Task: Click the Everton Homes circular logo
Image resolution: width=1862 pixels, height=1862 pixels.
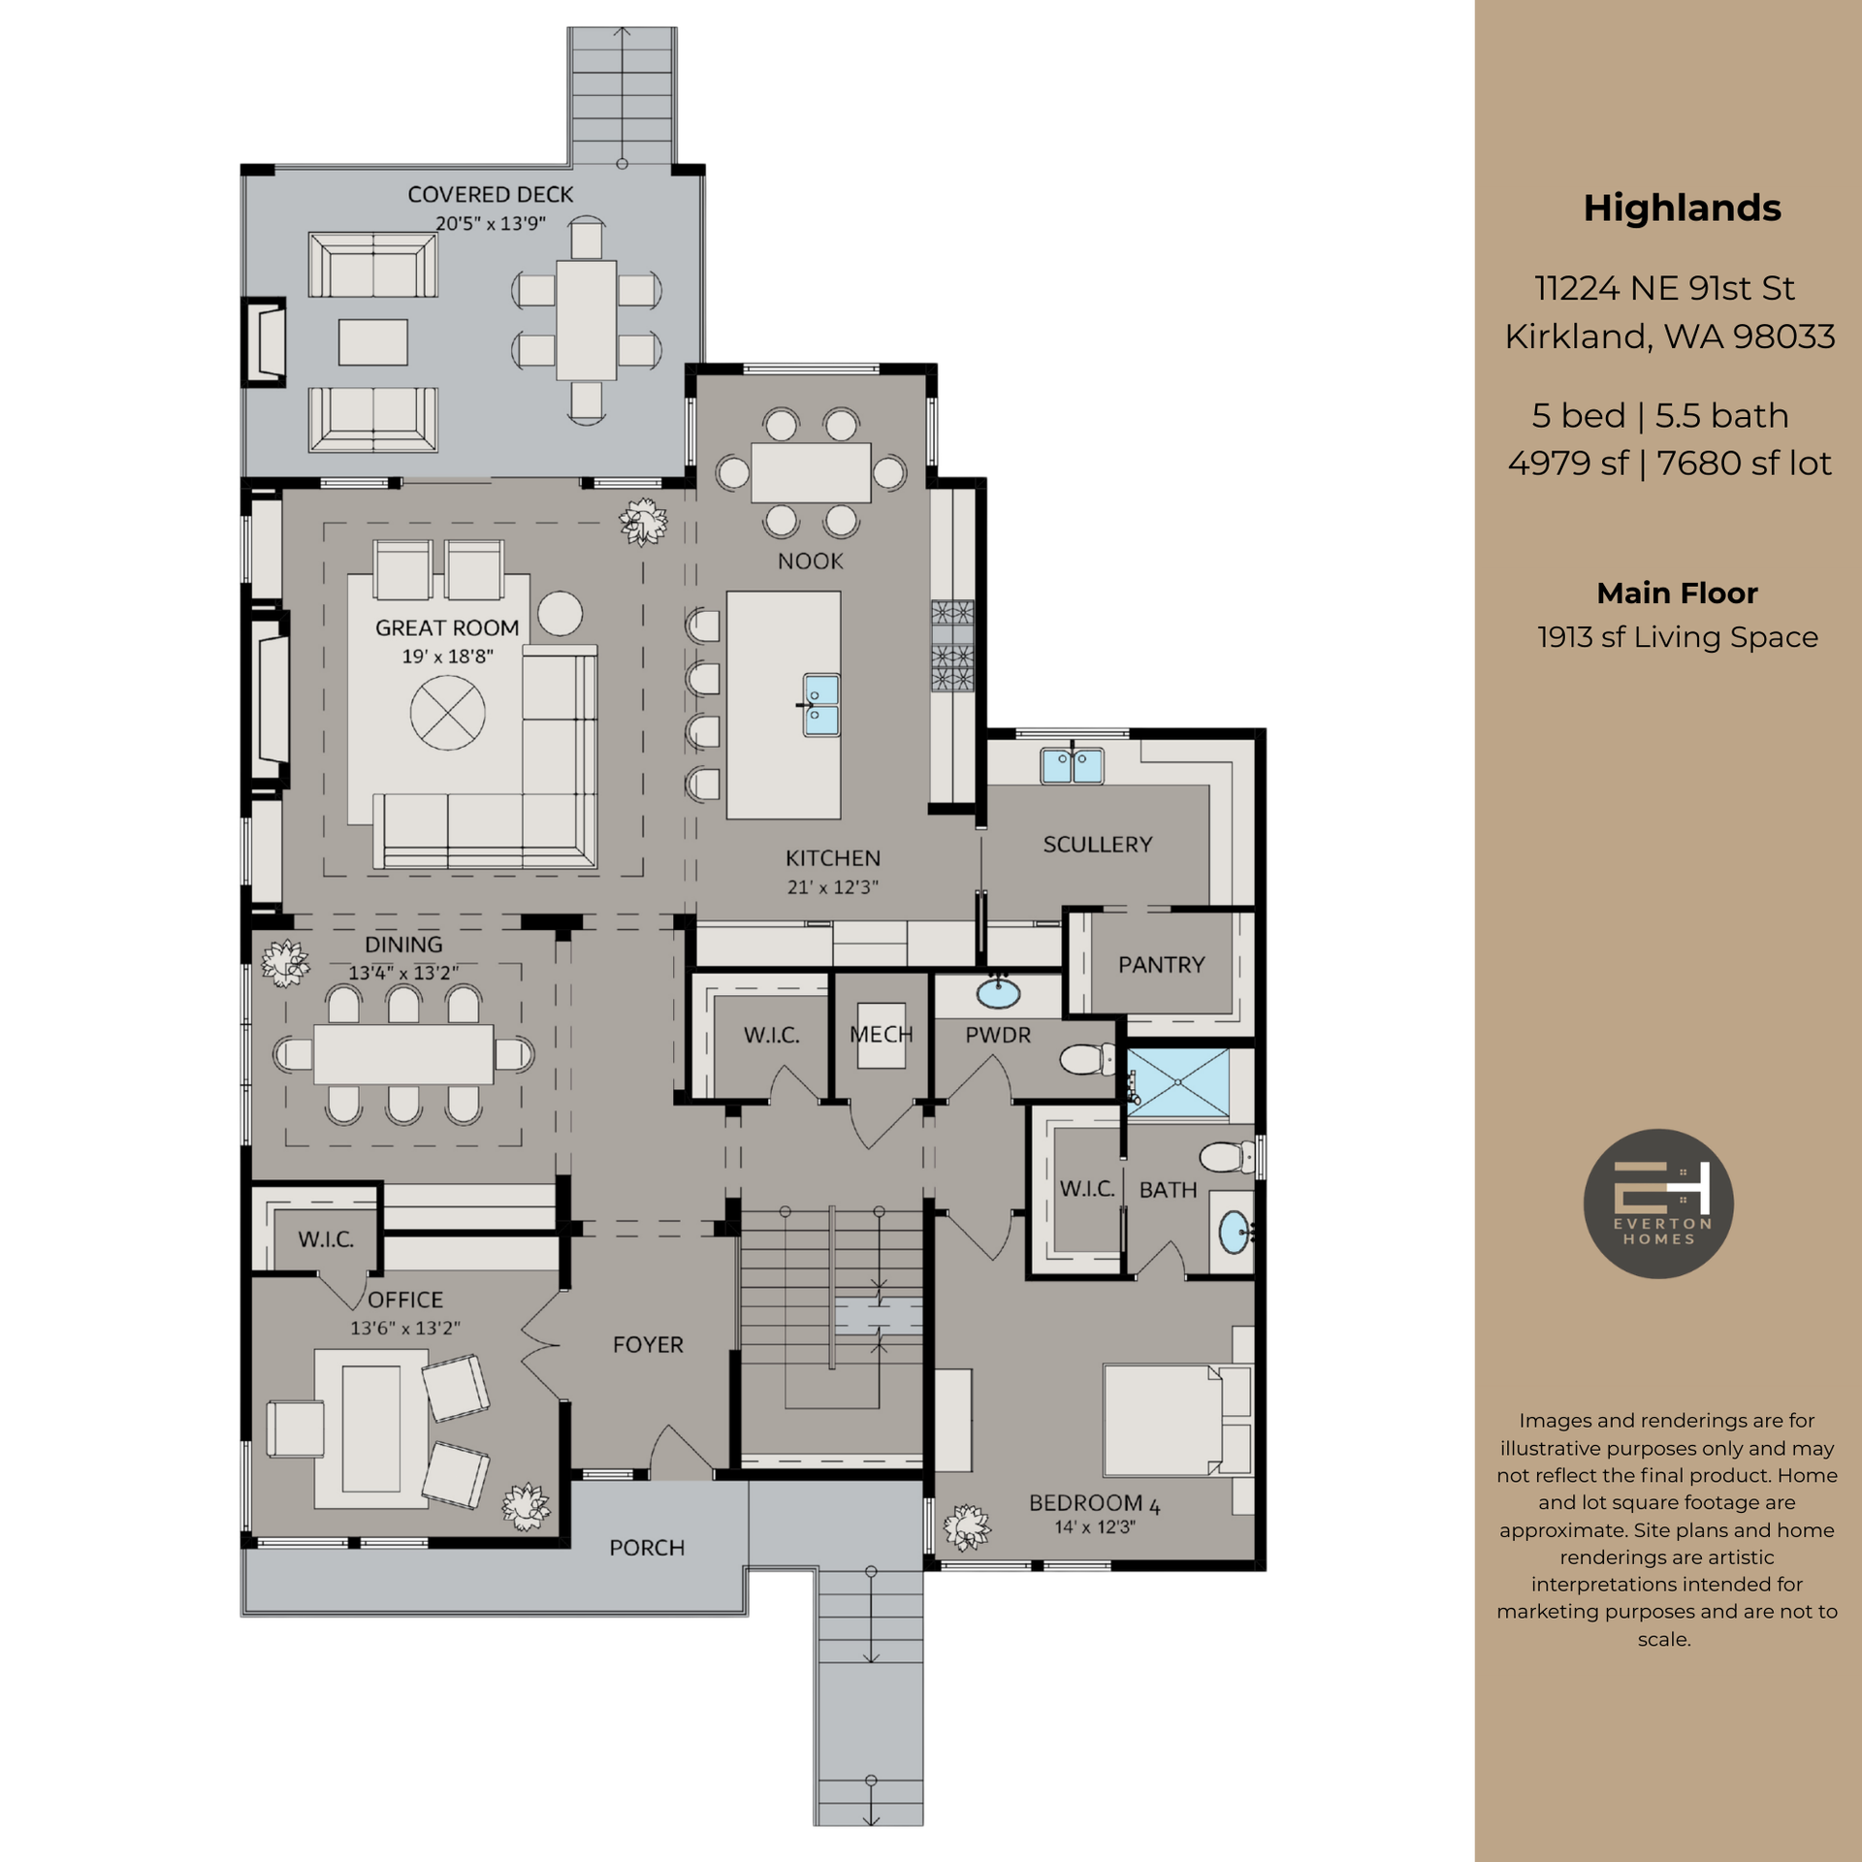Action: click(1658, 1204)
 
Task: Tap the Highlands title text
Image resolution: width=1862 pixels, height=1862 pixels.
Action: click(1682, 209)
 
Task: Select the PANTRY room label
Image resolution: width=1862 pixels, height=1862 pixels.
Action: click(1161, 965)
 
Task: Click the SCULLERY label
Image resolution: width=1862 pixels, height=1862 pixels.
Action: click(1098, 845)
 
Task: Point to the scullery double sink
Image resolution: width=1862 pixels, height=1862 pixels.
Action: click(1072, 766)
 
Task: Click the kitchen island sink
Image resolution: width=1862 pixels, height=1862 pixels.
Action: click(820, 705)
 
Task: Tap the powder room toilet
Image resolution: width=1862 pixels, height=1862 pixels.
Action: click(1089, 1059)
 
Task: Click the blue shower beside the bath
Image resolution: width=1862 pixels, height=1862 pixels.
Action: click(1177, 1082)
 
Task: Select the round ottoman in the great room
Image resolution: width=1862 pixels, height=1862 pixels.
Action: click(560, 613)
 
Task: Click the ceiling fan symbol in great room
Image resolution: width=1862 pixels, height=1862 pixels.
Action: click(447, 713)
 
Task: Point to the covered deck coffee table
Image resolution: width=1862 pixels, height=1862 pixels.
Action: click(372, 342)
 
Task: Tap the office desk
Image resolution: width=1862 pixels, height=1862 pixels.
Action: click(370, 1429)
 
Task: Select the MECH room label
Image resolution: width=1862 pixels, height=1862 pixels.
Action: click(881, 1035)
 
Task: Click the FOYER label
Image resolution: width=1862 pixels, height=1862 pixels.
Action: click(648, 1345)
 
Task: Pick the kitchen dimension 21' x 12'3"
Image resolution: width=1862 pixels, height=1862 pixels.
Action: click(832, 887)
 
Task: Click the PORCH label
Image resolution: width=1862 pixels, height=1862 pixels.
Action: click(647, 1548)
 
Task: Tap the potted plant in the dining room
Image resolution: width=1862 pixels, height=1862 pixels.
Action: click(285, 963)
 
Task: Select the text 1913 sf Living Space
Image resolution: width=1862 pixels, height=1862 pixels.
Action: click(1677, 637)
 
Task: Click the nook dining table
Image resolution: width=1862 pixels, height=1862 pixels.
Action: click(811, 472)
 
